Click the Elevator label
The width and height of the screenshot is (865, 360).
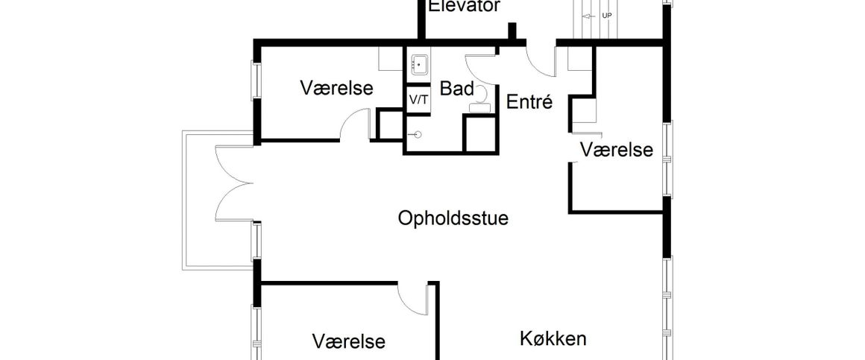(x=465, y=6)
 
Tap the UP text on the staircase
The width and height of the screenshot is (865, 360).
(x=606, y=16)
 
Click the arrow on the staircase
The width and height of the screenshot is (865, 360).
(x=588, y=16)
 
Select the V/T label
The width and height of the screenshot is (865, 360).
(x=418, y=100)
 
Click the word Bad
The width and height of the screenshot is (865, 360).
(x=457, y=89)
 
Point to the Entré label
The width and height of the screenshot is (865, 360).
(x=529, y=102)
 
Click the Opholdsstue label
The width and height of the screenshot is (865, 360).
(x=453, y=219)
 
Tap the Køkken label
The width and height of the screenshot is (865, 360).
(x=553, y=338)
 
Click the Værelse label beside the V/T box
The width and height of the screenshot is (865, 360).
(x=336, y=88)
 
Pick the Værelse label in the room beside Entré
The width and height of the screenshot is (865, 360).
(x=616, y=149)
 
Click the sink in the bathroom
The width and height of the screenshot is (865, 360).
(x=419, y=65)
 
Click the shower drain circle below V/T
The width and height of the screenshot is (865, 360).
(x=418, y=134)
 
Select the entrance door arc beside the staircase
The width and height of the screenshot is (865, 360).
(x=541, y=59)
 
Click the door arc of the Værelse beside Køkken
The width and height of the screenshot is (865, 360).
(x=412, y=300)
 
